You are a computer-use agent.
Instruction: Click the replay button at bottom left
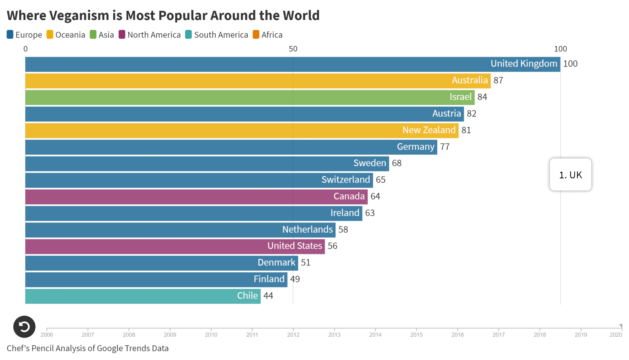(x=24, y=327)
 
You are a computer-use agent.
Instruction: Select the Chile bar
(x=143, y=296)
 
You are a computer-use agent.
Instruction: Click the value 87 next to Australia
(x=498, y=80)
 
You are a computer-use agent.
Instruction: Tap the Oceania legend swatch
(x=50, y=35)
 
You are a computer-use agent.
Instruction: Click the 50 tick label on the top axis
(x=293, y=49)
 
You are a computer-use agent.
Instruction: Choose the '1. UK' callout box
(x=570, y=175)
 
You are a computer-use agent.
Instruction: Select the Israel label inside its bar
(x=460, y=97)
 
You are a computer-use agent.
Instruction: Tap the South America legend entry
(x=221, y=35)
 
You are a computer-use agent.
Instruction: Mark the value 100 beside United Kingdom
(x=570, y=64)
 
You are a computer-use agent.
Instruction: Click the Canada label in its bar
(x=349, y=196)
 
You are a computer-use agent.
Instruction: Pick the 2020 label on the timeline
(x=615, y=335)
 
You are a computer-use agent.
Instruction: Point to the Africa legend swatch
(x=256, y=35)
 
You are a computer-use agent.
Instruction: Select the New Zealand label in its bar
(x=429, y=130)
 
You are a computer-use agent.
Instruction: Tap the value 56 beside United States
(x=332, y=246)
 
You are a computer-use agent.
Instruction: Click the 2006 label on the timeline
(x=47, y=335)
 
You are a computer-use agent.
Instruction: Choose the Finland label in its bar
(x=269, y=279)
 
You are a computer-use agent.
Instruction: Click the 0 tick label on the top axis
(x=25, y=49)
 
